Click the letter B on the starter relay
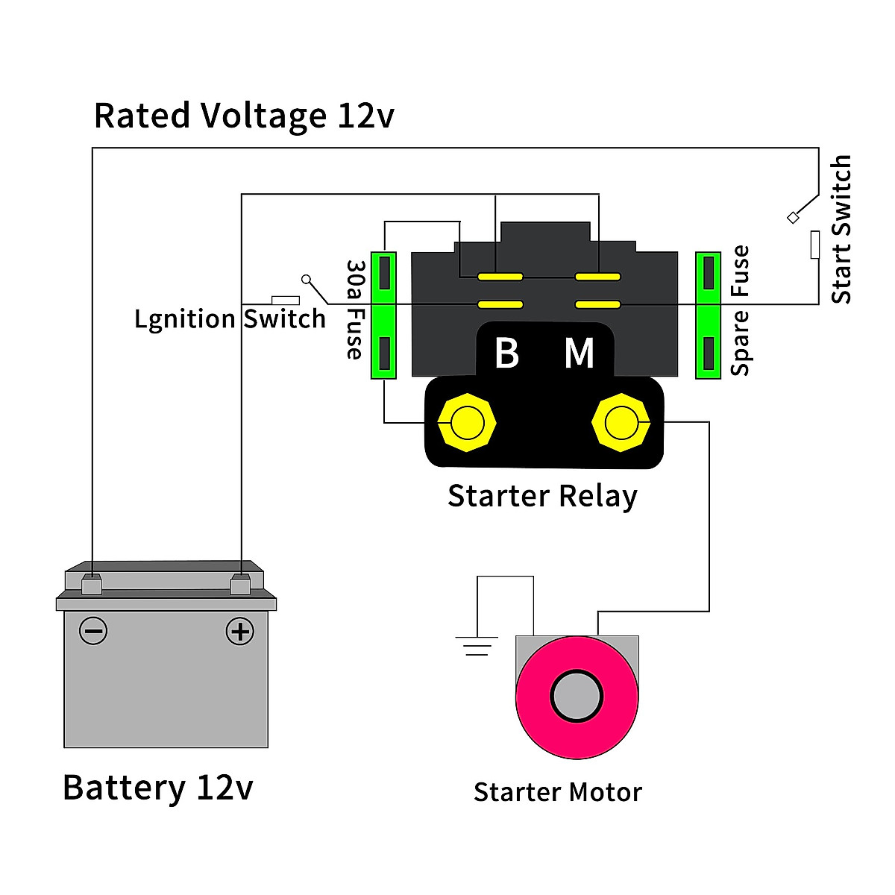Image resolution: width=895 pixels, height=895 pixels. [507, 354]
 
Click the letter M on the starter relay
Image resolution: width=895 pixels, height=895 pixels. [580, 354]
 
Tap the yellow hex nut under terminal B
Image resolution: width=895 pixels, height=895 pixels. [467, 423]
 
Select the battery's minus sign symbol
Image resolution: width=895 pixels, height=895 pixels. [93, 632]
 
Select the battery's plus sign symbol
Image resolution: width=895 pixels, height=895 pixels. [239, 632]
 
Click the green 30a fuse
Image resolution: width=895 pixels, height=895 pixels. [383, 315]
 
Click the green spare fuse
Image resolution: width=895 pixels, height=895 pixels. [708, 315]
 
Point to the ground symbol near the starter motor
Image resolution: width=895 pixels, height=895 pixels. [477, 646]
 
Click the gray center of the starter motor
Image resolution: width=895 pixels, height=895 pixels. [577, 697]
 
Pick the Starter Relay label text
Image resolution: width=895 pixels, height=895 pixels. [542, 496]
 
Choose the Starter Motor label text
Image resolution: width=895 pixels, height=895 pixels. [557, 792]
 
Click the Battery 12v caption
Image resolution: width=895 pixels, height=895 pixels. [157, 788]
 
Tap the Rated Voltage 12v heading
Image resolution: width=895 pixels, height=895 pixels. [243, 116]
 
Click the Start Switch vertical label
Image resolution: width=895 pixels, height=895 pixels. [841, 229]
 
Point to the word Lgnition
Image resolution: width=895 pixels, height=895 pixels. [185, 319]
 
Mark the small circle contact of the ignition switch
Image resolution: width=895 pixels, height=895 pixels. [306, 279]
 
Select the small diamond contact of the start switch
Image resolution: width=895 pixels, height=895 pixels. [793, 218]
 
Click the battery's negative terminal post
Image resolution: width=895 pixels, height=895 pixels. [91, 585]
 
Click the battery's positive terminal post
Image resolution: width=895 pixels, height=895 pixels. [240, 585]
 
